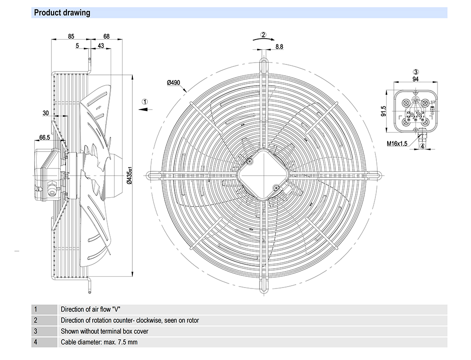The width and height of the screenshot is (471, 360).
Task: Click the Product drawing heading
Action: [62, 13]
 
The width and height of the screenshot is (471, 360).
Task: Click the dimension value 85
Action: [71, 36]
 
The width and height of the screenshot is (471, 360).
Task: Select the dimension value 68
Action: [106, 36]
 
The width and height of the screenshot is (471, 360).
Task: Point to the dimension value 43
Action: [101, 46]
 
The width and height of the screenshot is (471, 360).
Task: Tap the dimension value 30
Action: [46, 113]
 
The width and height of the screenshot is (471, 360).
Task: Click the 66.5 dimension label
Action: [45, 137]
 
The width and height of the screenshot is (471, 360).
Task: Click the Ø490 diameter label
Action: [174, 83]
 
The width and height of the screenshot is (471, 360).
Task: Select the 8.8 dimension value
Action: [279, 46]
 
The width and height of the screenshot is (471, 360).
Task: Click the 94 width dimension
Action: [416, 80]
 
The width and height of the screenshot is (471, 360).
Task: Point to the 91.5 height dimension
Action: [384, 112]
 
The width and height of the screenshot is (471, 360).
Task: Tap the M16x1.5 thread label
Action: [397, 144]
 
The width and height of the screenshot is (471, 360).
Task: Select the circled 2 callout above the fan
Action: [264, 34]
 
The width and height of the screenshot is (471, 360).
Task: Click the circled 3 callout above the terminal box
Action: [416, 72]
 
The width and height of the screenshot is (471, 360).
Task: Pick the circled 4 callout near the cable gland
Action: [422, 146]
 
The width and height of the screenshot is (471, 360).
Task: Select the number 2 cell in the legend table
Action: [35, 320]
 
